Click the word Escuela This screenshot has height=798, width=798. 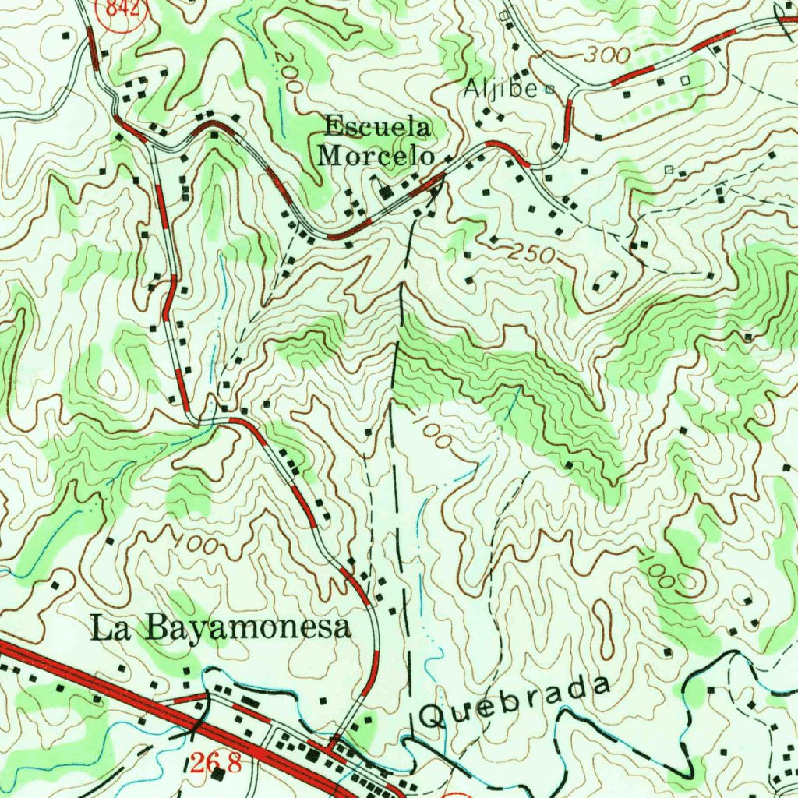click(x=377, y=125)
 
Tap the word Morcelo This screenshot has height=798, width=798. click(x=376, y=154)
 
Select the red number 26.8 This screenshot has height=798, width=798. click(x=214, y=762)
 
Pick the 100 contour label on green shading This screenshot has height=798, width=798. click(x=663, y=574)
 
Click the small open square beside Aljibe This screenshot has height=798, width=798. click(x=549, y=89)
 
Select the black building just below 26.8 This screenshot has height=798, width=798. click(x=219, y=775)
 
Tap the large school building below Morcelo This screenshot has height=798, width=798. click(x=386, y=191)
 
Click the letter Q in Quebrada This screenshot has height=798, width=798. click(x=431, y=715)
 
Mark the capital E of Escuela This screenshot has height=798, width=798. click(x=334, y=125)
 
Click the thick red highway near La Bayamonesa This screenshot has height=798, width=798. click(x=117, y=686)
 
